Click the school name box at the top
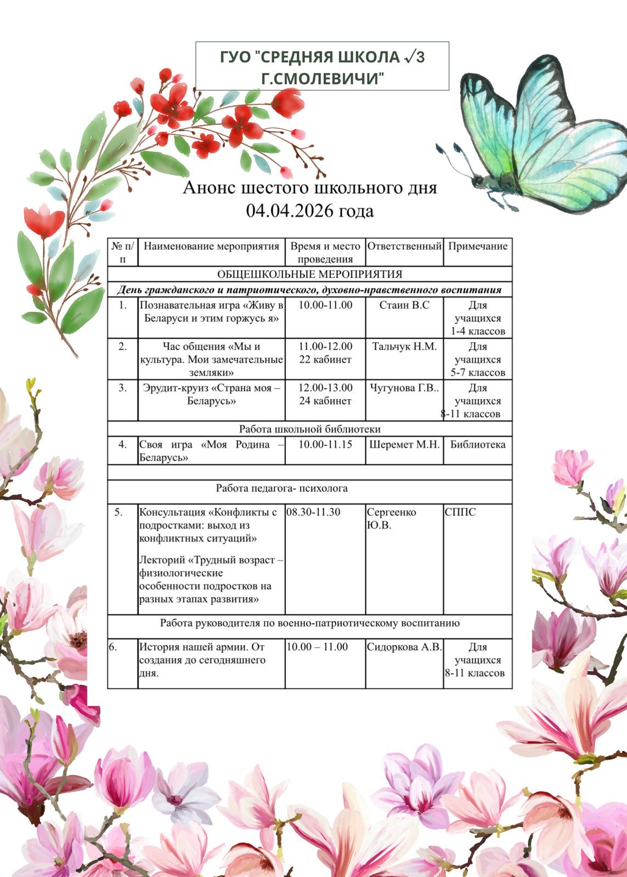point(322,66)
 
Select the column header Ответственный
point(404,246)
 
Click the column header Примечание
point(478,246)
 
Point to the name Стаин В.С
point(404,305)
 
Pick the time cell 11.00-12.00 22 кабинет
point(325,353)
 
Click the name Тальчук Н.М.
point(404,346)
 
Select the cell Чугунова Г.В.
point(404,388)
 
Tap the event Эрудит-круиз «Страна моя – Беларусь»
point(211,394)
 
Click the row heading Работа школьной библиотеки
point(309,429)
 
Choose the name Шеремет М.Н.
point(404,445)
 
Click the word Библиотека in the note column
point(478,445)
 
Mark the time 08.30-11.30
point(314,512)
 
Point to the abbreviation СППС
point(460,512)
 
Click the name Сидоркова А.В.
point(404,647)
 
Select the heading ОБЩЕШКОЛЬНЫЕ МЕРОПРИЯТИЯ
point(309,274)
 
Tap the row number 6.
point(112,647)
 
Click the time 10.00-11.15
point(325,445)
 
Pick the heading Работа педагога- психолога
point(281,488)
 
